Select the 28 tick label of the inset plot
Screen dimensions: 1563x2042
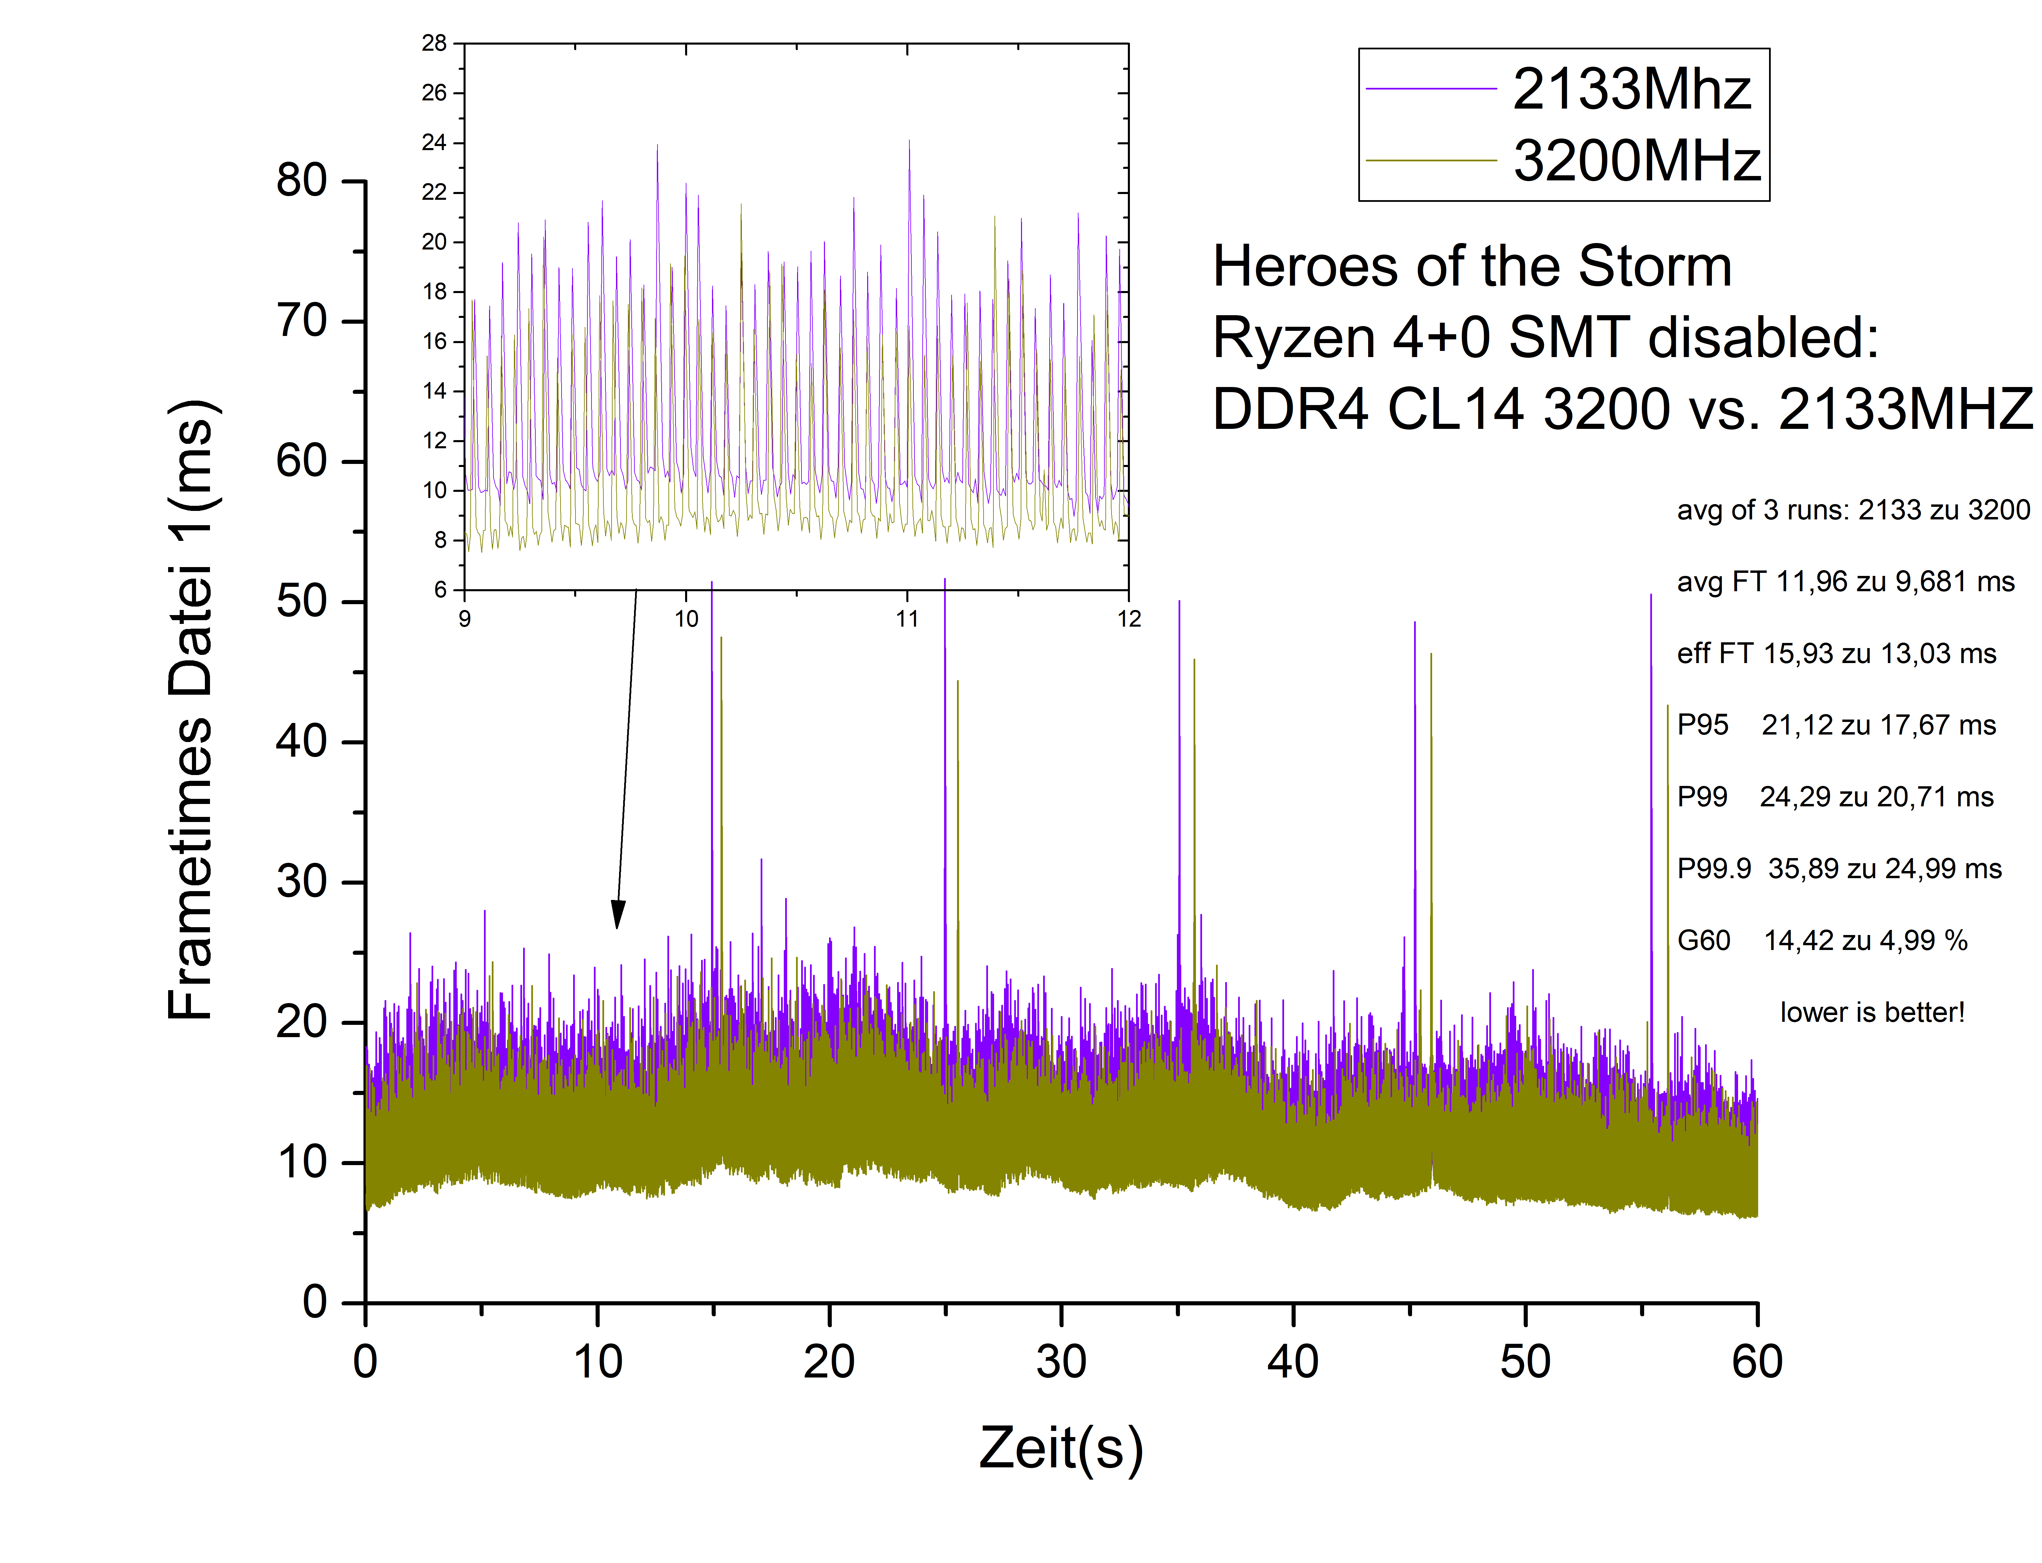pos(435,43)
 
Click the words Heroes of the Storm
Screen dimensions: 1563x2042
pos(1472,267)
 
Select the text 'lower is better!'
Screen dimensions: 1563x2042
pos(1872,1012)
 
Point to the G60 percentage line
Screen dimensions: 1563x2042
pos(1821,940)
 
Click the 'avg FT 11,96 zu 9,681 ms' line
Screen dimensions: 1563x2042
pos(1845,582)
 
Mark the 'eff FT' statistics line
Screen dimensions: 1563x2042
pos(1836,654)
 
